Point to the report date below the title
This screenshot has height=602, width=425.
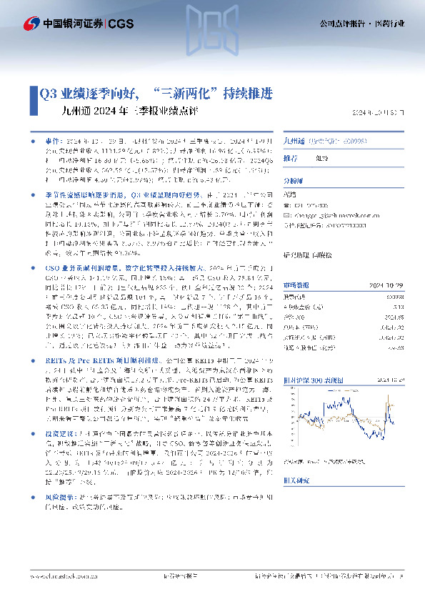382,112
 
